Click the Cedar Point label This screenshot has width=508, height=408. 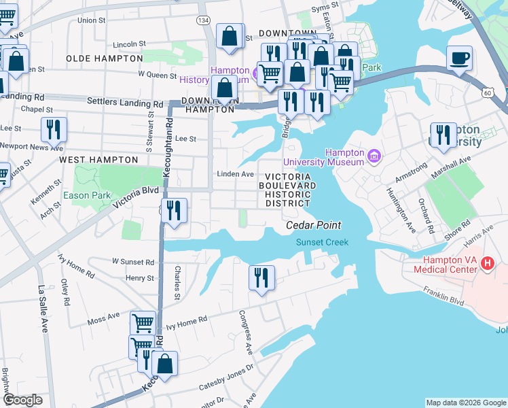(x=313, y=225)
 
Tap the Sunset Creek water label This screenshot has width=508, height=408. (x=321, y=242)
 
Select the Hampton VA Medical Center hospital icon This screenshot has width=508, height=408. (x=487, y=263)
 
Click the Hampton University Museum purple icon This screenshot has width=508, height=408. (x=373, y=157)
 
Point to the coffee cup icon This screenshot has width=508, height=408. (x=460, y=58)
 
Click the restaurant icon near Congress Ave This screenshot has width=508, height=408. (x=261, y=277)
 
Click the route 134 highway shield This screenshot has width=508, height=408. (x=203, y=20)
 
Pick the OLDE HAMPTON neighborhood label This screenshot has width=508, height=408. (x=104, y=58)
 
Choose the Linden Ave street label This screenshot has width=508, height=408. (x=236, y=174)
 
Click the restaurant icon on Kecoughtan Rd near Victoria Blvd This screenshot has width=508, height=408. (x=175, y=210)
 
